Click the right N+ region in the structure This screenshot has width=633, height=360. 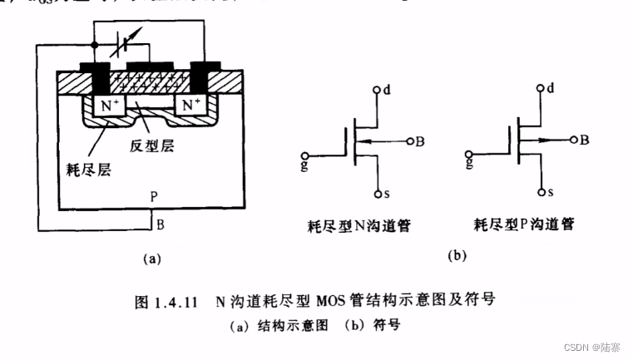(190, 106)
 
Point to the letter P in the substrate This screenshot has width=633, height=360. (154, 198)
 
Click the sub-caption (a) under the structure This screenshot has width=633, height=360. (151, 259)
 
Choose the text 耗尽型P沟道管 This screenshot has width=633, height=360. (523, 224)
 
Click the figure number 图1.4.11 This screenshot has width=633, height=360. (166, 302)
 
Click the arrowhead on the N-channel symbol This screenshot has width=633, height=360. (369, 141)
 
